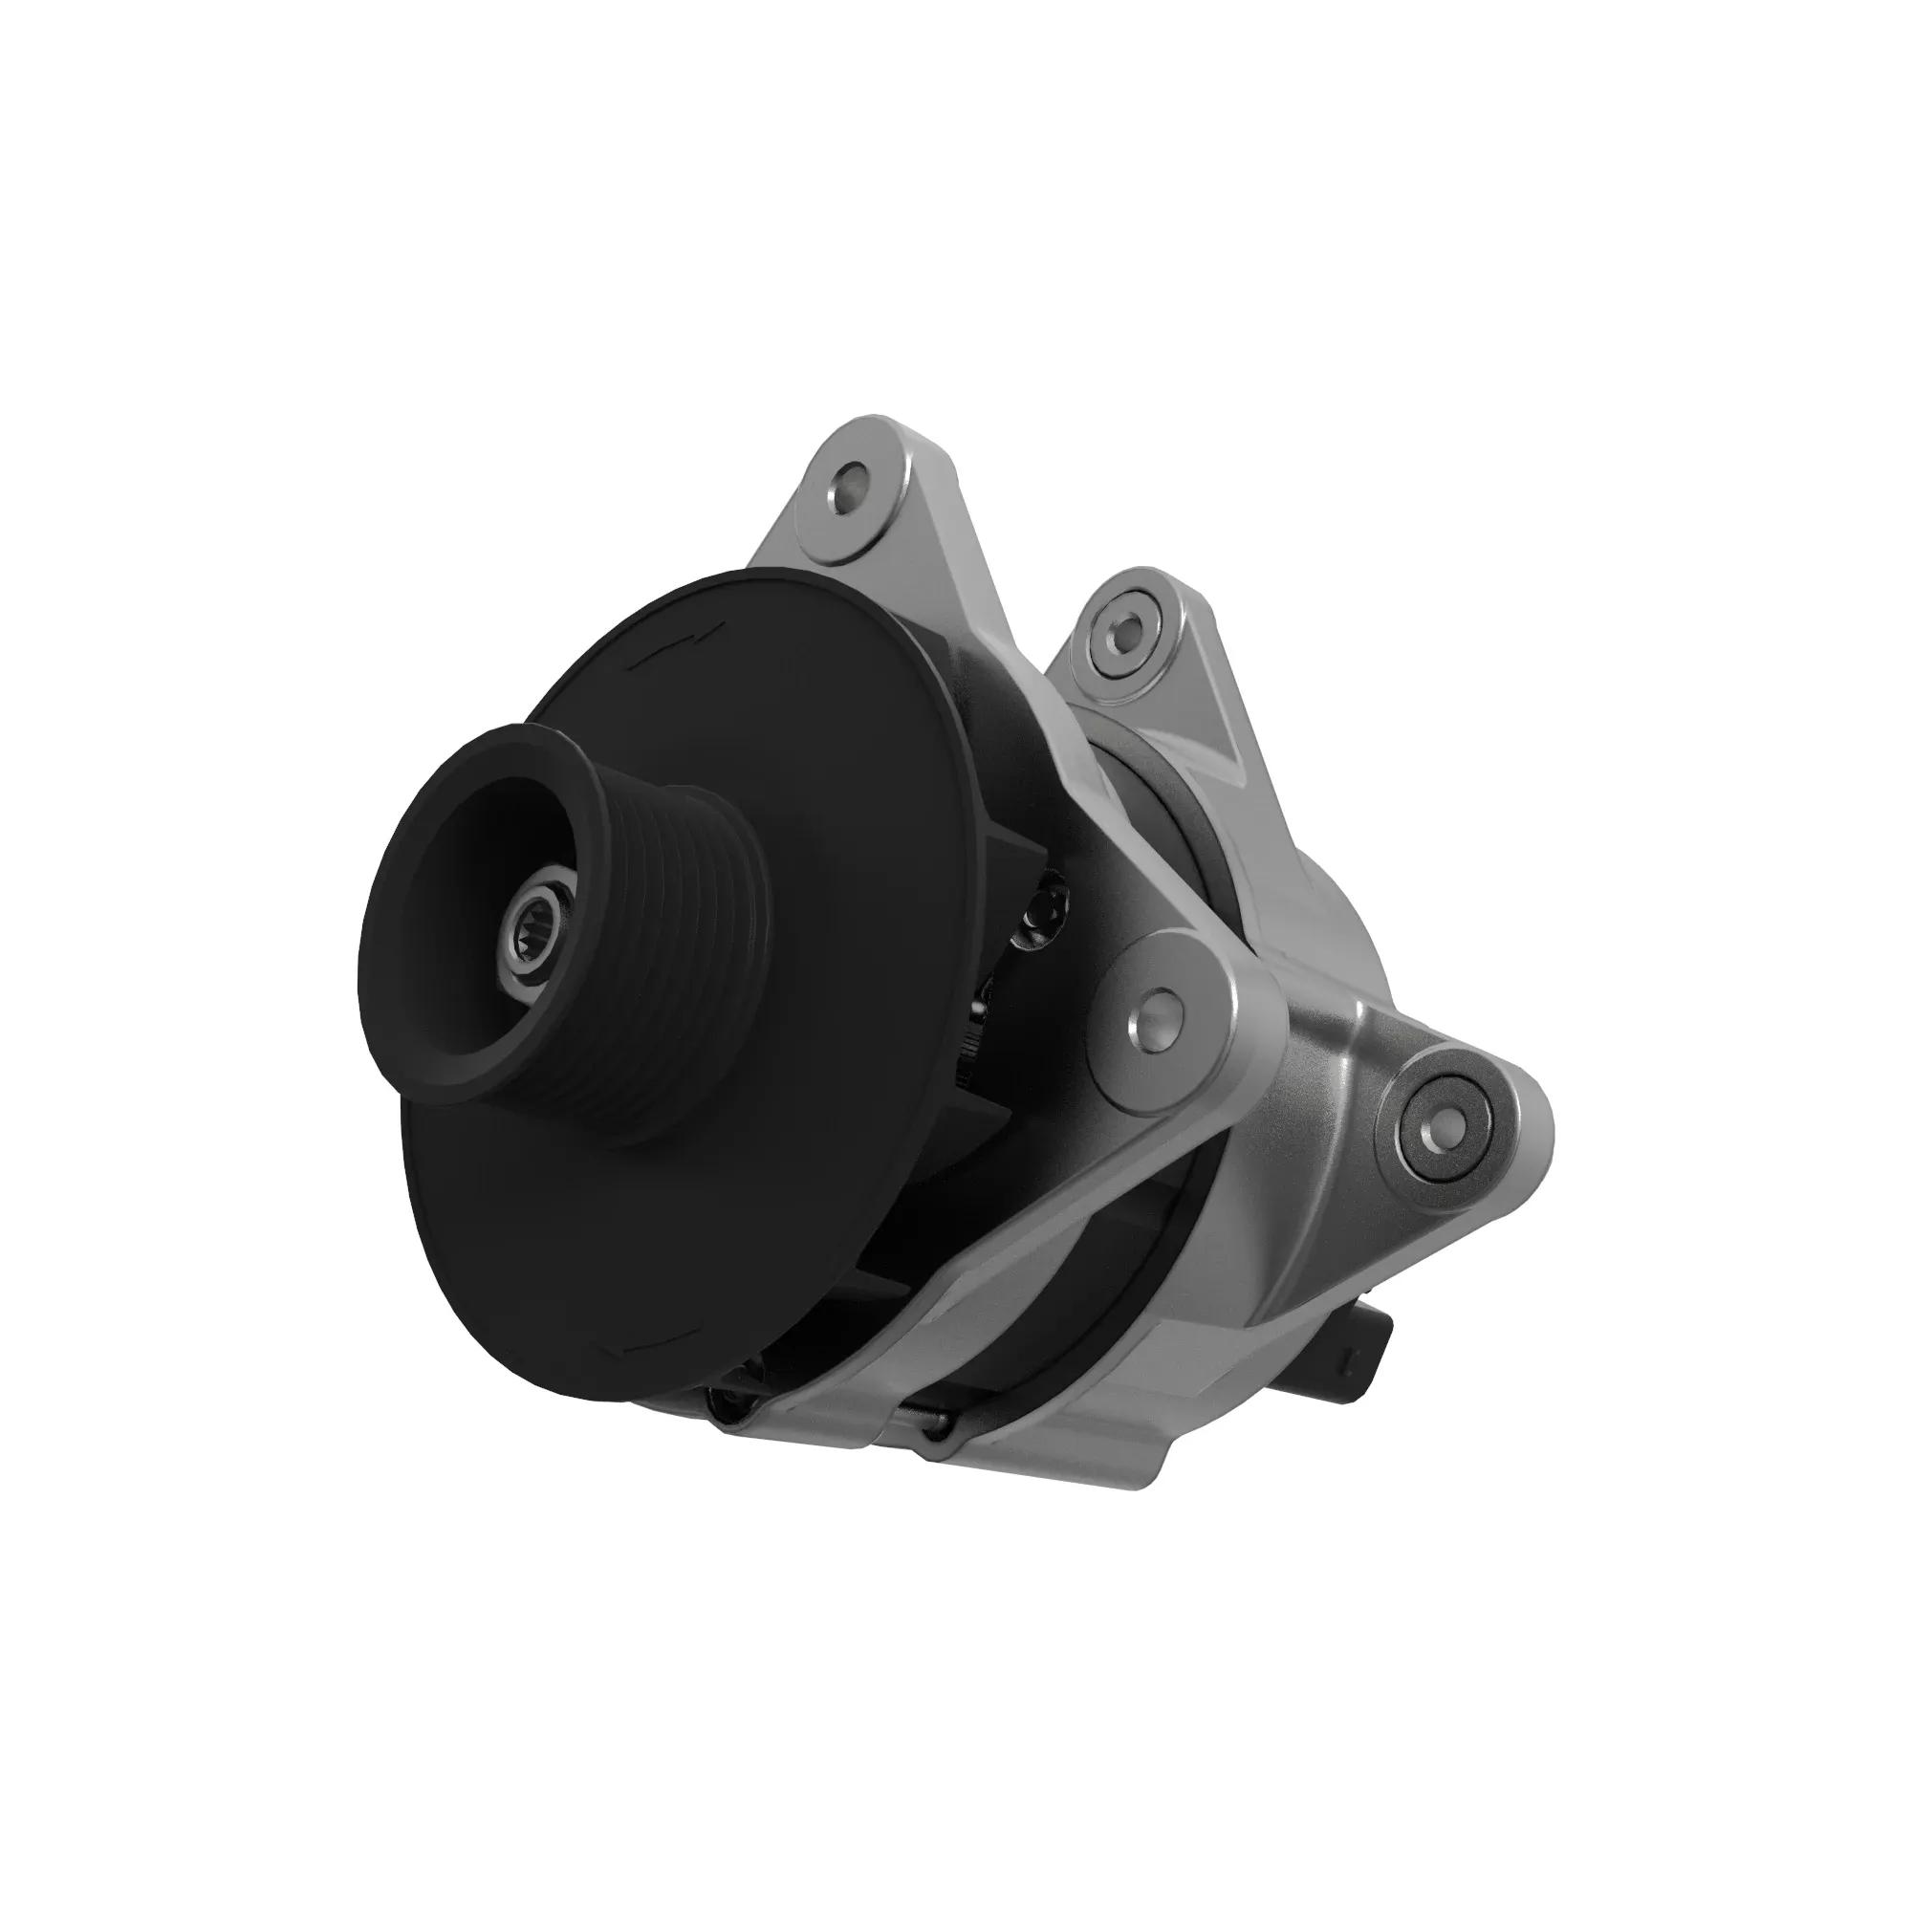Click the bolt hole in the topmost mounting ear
[x=848, y=486]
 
